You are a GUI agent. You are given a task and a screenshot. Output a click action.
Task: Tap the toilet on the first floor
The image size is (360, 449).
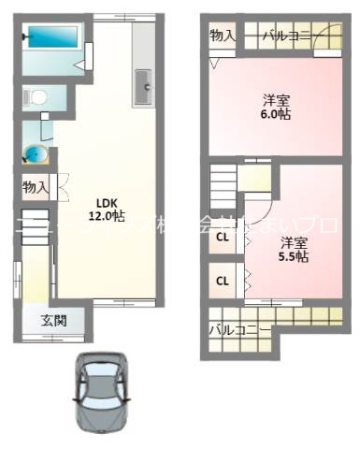click(36, 96)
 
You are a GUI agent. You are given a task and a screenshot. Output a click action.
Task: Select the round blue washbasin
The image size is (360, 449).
click(36, 153)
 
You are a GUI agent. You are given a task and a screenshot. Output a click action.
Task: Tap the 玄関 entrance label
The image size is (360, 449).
click(53, 321)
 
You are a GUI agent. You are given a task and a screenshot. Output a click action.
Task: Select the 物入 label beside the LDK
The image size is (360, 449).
click(36, 187)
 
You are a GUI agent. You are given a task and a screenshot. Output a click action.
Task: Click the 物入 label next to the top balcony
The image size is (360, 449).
click(223, 36)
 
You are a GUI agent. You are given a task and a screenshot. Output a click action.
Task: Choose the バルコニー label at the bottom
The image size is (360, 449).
click(240, 329)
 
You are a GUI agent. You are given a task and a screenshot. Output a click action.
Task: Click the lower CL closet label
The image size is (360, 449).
click(223, 280)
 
